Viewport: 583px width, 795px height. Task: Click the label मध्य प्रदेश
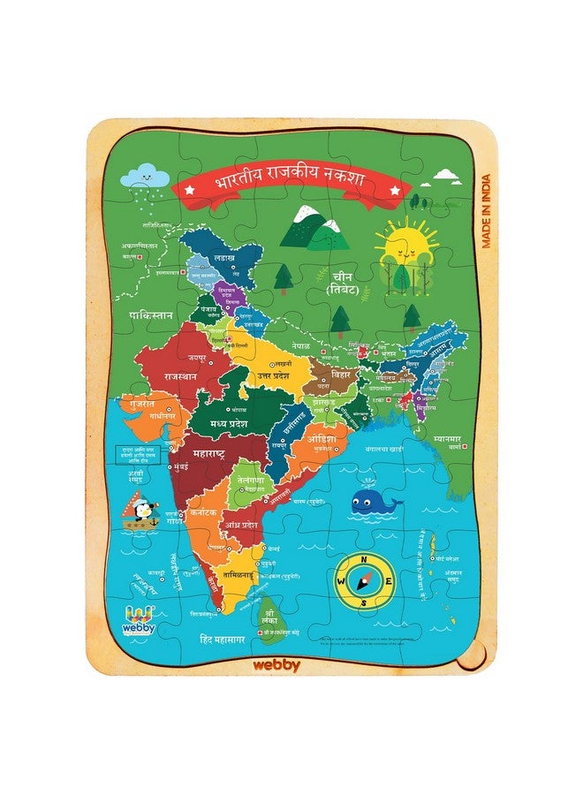240,423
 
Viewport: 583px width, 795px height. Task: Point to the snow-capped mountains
315,227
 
